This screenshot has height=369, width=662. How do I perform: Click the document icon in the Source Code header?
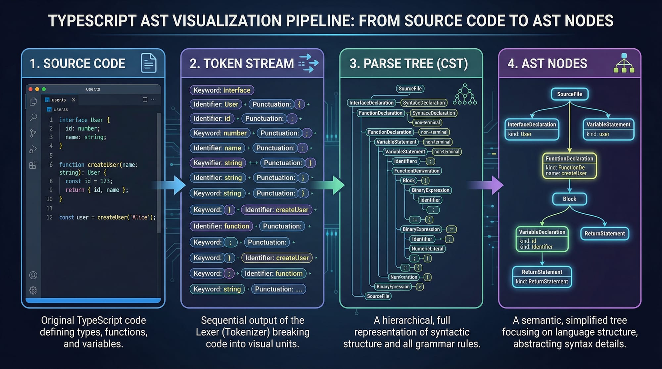(x=149, y=63)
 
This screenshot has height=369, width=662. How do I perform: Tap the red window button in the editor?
(x=30, y=89)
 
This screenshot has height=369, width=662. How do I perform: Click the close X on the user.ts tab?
(x=73, y=100)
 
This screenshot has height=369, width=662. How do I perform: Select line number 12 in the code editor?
(x=49, y=217)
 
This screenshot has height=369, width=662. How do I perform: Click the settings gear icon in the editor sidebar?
(x=33, y=290)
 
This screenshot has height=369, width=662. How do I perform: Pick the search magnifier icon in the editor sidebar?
(x=33, y=117)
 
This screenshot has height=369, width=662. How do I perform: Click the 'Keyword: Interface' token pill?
(x=222, y=90)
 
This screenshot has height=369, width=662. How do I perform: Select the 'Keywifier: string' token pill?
(x=218, y=163)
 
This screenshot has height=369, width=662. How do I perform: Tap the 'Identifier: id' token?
(x=212, y=118)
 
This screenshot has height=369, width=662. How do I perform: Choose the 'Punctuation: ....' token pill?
(x=278, y=289)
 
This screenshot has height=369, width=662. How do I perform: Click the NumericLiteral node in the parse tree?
(x=427, y=249)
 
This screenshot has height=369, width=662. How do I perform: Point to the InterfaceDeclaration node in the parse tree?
(x=371, y=103)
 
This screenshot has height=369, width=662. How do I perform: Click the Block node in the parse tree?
(x=408, y=181)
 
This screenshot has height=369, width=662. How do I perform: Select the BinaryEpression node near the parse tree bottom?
(x=393, y=287)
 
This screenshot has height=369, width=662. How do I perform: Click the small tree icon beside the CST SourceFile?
(x=465, y=95)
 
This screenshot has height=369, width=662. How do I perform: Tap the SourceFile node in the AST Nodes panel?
(x=569, y=94)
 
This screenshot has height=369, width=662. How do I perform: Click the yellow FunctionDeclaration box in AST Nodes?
(x=569, y=166)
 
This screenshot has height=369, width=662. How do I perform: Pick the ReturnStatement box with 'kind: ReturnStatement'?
(x=542, y=277)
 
